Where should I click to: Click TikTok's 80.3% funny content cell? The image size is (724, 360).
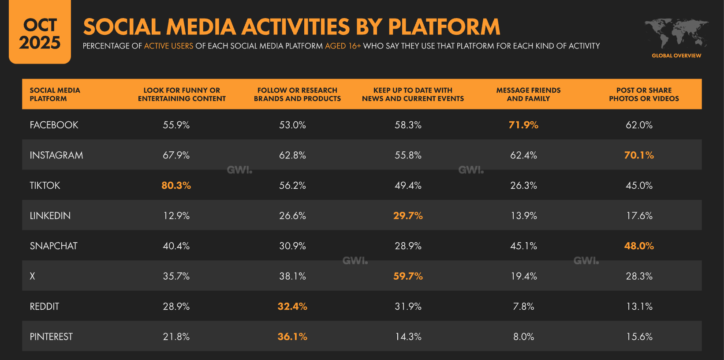[176, 185]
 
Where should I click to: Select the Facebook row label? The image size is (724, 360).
[54, 125]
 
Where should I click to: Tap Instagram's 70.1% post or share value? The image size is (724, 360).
[638, 155]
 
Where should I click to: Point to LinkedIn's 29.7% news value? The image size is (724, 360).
[408, 216]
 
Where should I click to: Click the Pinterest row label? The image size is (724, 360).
[51, 337]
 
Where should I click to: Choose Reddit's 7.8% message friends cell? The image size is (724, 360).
[523, 306]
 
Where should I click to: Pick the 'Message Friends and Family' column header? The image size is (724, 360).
[528, 94]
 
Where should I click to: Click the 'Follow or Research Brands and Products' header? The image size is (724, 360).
[297, 94]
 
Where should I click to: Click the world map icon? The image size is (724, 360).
[676, 33]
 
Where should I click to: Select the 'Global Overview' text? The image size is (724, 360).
[676, 56]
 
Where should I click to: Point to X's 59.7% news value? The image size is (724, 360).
[408, 276]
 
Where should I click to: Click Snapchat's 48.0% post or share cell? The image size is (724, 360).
[638, 246]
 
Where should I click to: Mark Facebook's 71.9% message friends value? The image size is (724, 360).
[523, 125]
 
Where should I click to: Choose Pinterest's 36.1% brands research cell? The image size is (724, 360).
[292, 337]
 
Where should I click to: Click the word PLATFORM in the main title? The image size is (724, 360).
[444, 27]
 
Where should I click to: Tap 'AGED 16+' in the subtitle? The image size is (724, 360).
[343, 46]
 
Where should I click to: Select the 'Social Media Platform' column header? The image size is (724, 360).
[55, 94]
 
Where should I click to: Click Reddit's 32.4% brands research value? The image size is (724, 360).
[292, 306]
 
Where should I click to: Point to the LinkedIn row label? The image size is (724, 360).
[50, 216]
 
